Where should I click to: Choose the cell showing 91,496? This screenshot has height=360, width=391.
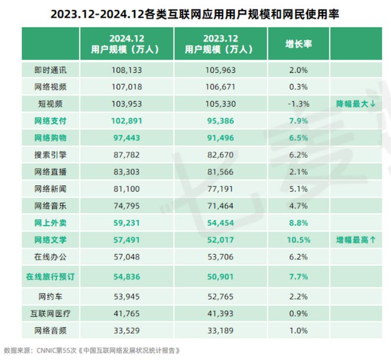[211, 137]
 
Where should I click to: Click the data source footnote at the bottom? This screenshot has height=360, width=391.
[91, 350]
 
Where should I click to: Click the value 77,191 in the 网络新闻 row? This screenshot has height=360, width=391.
[211, 188]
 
